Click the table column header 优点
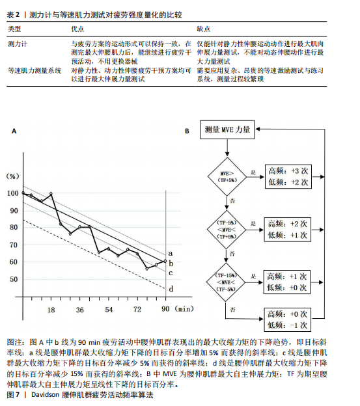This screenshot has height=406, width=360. click(x=77, y=29)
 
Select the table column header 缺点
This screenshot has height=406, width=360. click(x=203, y=29)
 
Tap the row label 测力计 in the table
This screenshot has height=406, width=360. click(x=18, y=44)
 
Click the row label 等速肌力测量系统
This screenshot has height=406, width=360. click(x=35, y=70)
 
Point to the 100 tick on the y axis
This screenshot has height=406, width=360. click(x=12, y=193)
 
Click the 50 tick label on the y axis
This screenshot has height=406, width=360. click(x=14, y=279)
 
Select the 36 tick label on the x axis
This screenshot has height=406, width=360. click(x=80, y=310)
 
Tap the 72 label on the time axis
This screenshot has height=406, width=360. click(x=137, y=310)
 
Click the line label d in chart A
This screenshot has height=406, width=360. click(x=171, y=289)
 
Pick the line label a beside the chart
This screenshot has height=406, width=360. click(x=171, y=253)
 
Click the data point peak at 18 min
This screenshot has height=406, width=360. click(x=51, y=193)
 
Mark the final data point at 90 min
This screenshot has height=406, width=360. click(x=165, y=261)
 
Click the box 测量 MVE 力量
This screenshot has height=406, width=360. click(x=227, y=129)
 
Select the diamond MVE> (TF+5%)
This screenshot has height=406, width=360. click(x=227, y=176)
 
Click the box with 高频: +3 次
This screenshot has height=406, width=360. click(x=288, y=176)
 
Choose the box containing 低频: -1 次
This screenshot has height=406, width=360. click(x=287, y=319)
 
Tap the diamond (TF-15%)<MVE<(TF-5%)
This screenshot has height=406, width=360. click(x=226, y=282)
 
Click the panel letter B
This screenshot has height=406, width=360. click(x=187, y=131)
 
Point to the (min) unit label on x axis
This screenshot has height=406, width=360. click(x=184, y=309)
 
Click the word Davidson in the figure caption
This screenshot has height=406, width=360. click(x=46, y=395)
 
